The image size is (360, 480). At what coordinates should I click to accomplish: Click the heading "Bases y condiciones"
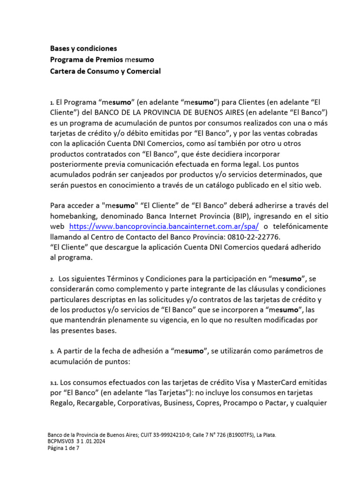(x=83, y=48)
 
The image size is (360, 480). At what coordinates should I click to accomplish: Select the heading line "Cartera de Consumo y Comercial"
(x=105, y=71)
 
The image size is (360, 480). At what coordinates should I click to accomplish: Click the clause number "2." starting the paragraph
(x=52, y=279)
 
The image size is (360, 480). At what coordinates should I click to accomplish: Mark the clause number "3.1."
(x=55, y=382)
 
